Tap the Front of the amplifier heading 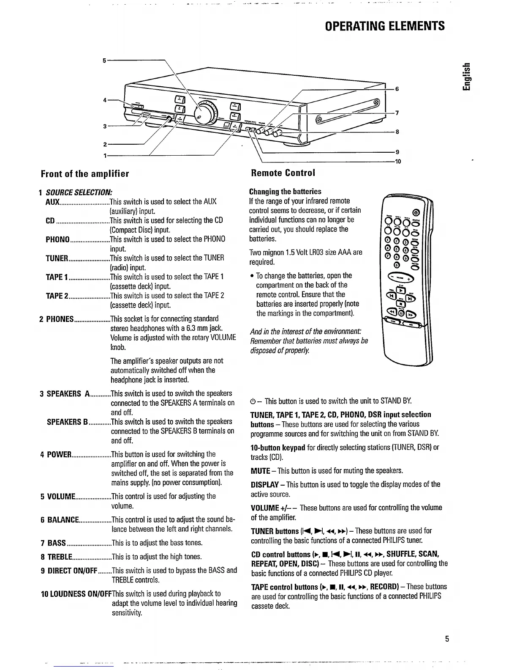pos(84,173)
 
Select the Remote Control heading pos(283,173)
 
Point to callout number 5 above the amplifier pos(104,60)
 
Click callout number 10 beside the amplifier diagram pos(397,162)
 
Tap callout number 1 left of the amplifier pos(104,155)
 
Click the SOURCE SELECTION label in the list pos(79,192)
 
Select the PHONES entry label pos(60,319)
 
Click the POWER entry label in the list pos(58,455)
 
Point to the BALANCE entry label pos(62,520)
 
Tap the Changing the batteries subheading pos(285,192)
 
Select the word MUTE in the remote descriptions pos(260,471)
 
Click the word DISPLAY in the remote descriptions pos(264,484)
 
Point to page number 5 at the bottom pos(446,639)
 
